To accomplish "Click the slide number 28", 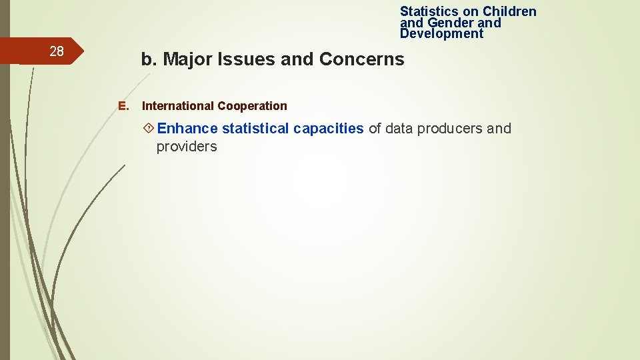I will coord(57,51).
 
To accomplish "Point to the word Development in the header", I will coord(441,34).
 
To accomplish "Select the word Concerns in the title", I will coord(361,59).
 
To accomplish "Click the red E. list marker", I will coord(122,106).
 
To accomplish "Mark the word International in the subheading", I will coord(177,106).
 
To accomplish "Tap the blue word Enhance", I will coord(187,129).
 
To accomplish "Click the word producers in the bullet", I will coord(450,129).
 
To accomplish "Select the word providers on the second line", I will coord(187,147).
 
